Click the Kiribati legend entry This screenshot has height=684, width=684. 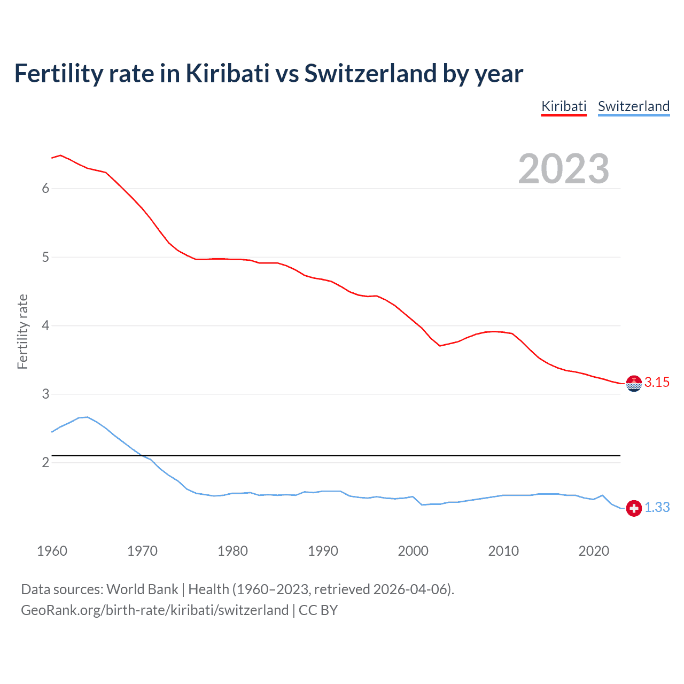564,106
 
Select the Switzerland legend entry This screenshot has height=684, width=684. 633,106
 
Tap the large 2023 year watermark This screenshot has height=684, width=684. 563,169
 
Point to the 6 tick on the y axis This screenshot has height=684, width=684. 45,188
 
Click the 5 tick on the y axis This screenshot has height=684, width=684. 45,257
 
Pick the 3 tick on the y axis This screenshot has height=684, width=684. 45,394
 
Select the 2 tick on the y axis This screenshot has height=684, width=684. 45,462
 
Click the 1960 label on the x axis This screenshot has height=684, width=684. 52,551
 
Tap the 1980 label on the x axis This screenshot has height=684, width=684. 232,551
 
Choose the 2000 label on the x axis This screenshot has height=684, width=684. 413,551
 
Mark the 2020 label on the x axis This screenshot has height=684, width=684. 594,551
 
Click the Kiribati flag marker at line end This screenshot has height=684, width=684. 634,383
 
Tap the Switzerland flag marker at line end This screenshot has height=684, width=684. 634,508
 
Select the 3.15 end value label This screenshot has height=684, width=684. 657,382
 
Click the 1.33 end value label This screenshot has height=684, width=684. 657,507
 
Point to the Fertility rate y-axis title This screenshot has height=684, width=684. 22,331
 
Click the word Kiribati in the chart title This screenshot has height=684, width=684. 228,73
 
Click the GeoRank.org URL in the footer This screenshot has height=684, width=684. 154,610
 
